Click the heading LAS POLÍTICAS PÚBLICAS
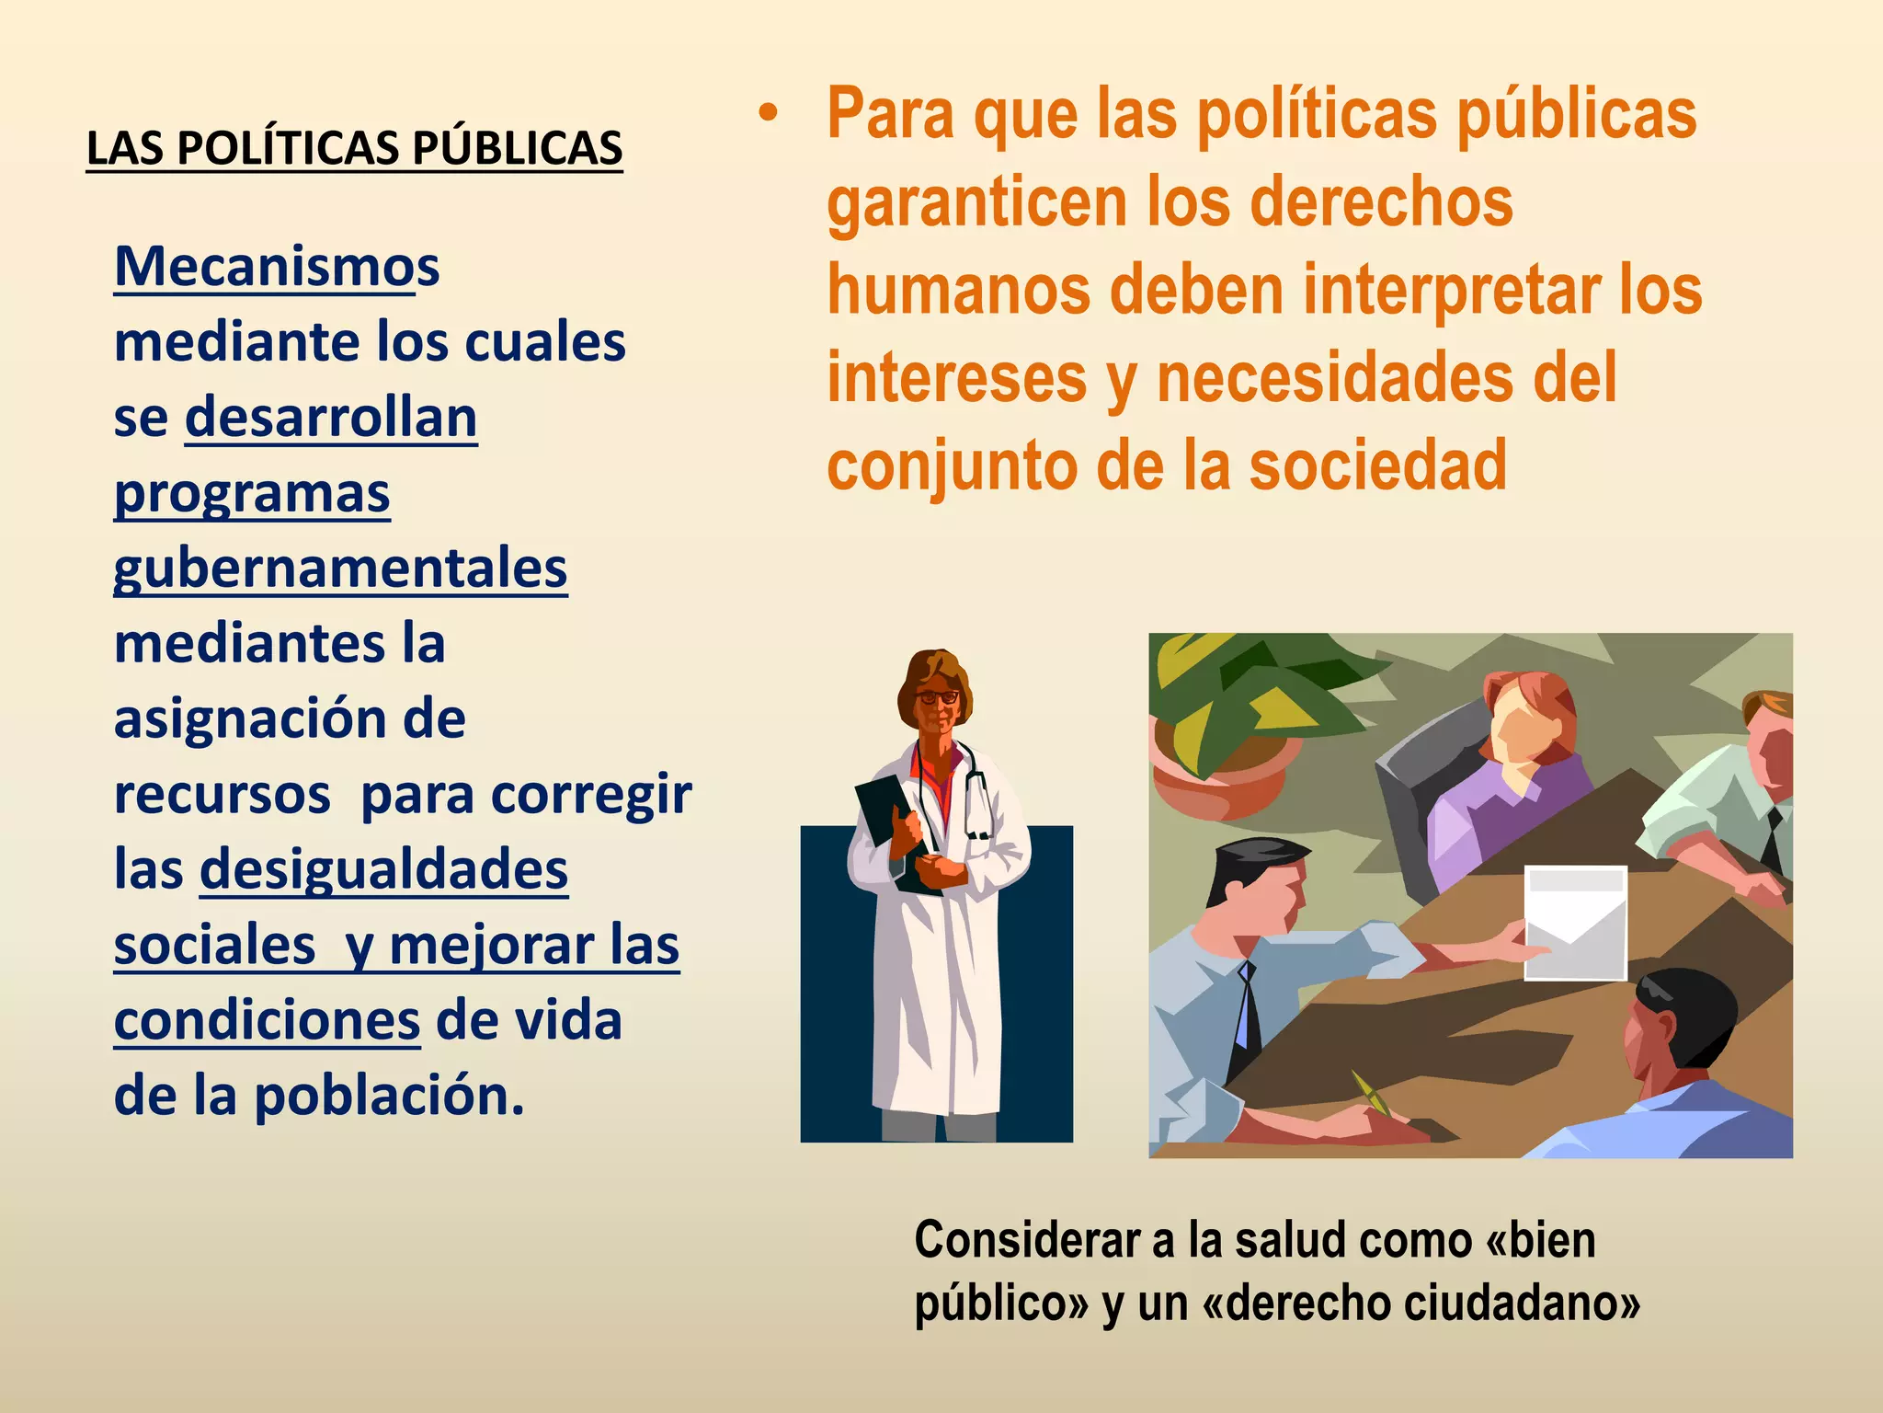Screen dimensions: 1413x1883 pos(354,148)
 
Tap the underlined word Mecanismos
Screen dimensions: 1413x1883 pos(277,267)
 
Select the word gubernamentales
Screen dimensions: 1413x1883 pos(340,569)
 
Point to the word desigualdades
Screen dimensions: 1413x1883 pos(384,869)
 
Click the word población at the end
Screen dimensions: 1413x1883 pos(388,1096)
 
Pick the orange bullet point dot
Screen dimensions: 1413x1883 pos(768,115)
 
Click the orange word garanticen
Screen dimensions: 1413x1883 pos(976,202)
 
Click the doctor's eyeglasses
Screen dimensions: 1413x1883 pos(937,697)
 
